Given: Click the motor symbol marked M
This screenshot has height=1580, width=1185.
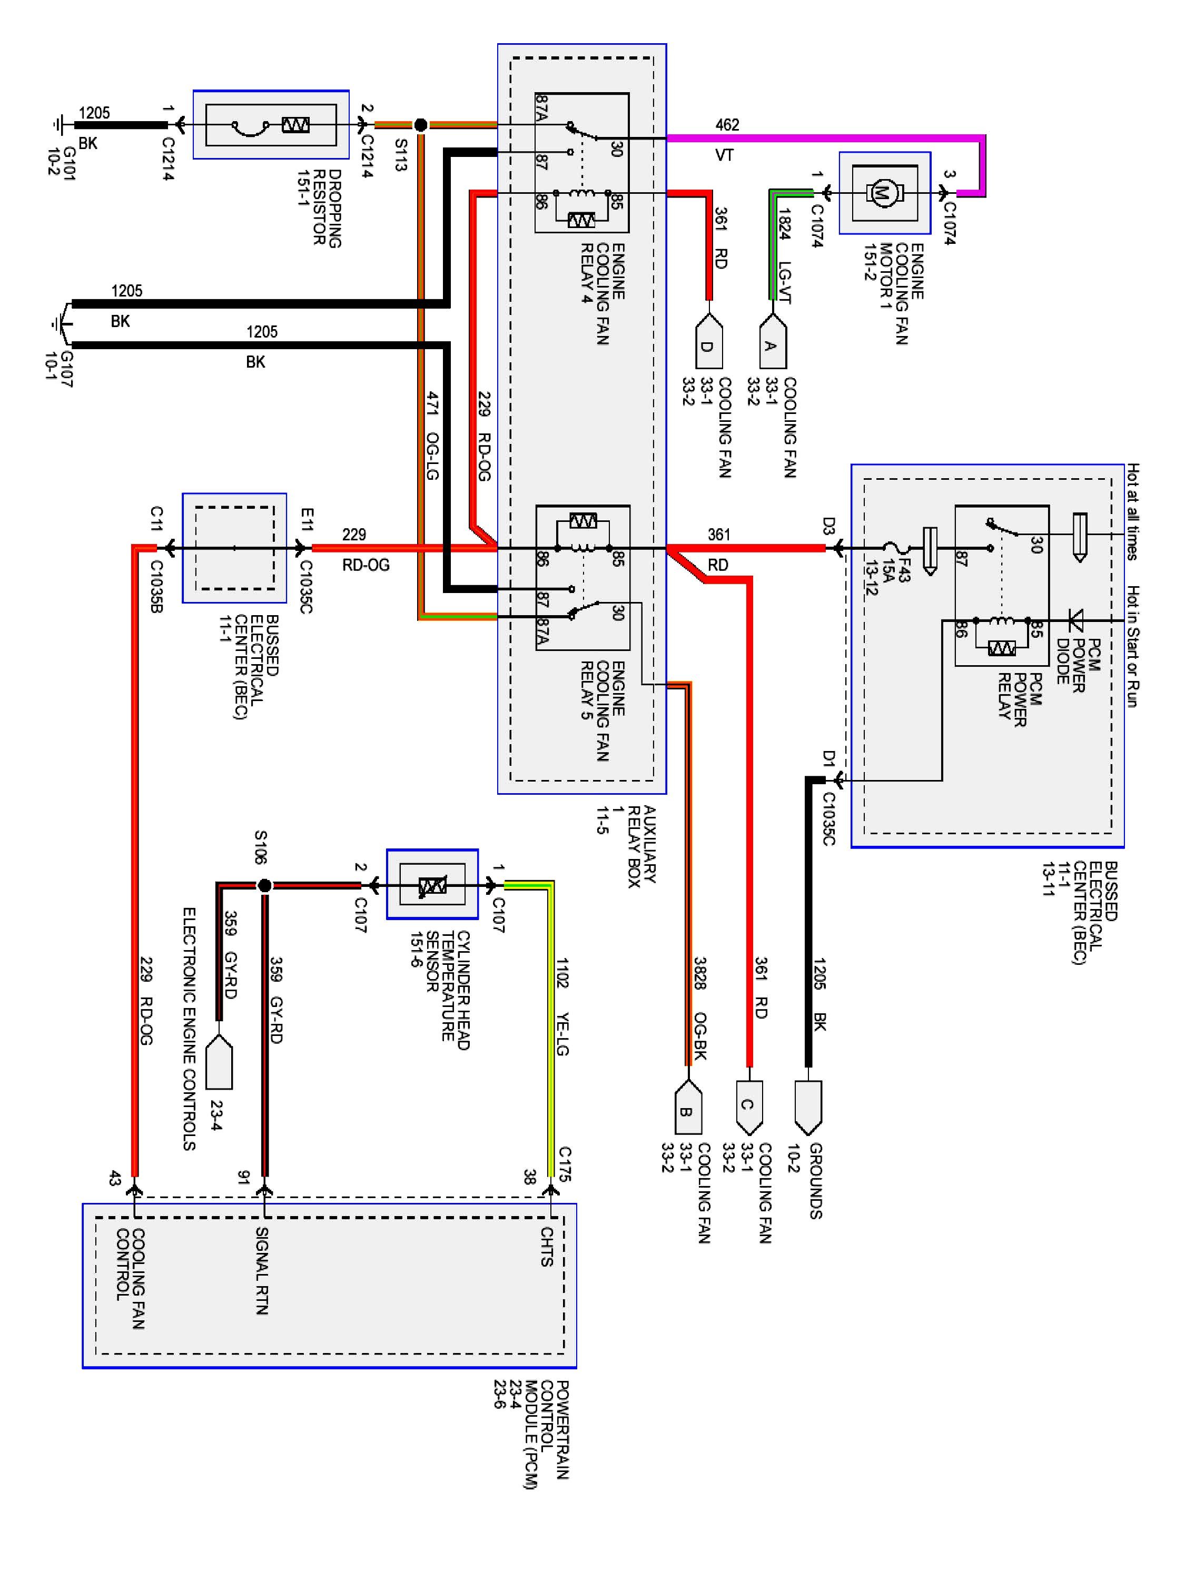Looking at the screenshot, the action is pos(884,192).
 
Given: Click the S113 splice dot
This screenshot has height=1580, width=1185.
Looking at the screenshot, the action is pos(421,125).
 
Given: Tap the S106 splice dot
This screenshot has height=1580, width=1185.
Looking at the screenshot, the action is pos(264,886).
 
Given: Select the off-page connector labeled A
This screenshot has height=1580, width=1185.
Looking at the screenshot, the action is pos(772,342).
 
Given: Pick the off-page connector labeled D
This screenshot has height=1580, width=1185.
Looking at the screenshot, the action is pos(708,342).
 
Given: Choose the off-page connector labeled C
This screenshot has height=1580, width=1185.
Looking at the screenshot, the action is pos(749,1108).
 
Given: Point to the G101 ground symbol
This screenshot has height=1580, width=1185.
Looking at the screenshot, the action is pos(58,125).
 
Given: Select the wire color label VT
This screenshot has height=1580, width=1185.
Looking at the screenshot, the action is pos(724,155).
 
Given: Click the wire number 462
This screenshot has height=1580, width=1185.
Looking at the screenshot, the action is pos(727,125).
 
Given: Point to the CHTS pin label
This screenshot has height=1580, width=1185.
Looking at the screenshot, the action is pos(547,1247).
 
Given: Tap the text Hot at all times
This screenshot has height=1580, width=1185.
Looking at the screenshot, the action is pos(1132,511).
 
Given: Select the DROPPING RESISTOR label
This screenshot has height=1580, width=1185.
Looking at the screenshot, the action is pos(327,209).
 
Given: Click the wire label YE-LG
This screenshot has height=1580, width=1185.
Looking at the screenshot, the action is pos(562,1034).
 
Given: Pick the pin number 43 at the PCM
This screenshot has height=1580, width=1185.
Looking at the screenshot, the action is pos(114,1178).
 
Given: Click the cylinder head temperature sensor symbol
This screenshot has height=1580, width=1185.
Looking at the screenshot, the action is pos(432,886).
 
